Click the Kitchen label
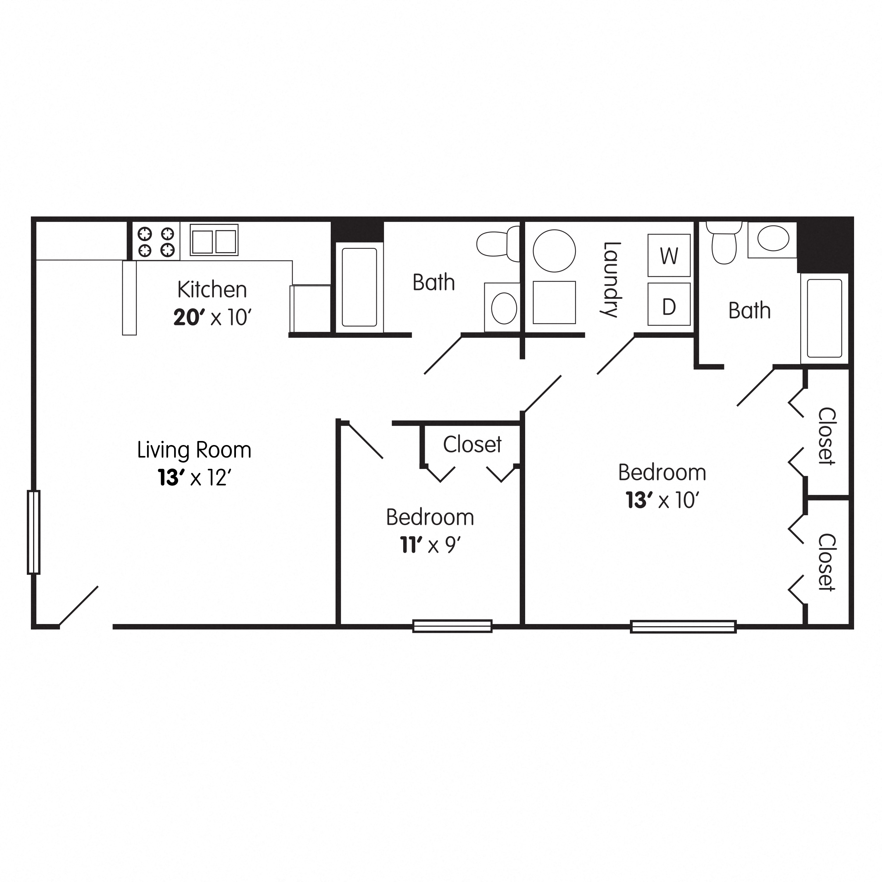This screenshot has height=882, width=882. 212,290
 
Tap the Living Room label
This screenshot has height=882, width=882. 194,450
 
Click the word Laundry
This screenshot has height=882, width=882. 611,279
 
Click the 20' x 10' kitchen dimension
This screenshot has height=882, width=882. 212,317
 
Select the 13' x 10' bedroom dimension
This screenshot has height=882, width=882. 662,500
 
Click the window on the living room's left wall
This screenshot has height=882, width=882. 34,532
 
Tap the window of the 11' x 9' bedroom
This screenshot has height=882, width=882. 452,626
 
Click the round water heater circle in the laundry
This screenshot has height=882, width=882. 554,251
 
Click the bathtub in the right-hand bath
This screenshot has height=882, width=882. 824,318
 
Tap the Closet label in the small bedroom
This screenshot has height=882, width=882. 472,445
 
